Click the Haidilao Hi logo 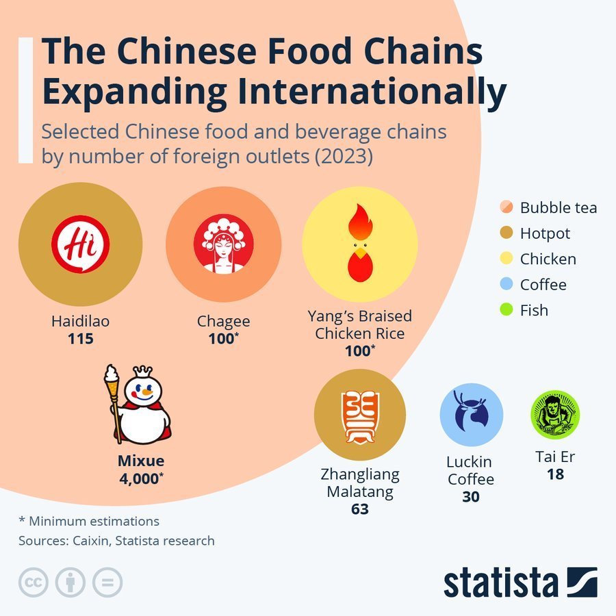point(81,244)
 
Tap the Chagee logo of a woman point(224,244)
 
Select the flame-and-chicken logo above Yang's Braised point(360,243)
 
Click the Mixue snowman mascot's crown point(142,371)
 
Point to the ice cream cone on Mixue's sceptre point(111,380)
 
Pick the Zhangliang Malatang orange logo point(360,418)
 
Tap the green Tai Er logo point(555,415)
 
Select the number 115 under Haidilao point(81,339)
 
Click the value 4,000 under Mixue point(141,478)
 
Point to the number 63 point(360,509)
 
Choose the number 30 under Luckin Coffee point(471,497)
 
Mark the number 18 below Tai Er point(555,474)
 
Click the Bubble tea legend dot point(506,207)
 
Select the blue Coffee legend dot point(506,283)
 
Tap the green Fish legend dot point(506,309)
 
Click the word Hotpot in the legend point(545,234)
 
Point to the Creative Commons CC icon point(34,582)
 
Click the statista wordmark point(501,582)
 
